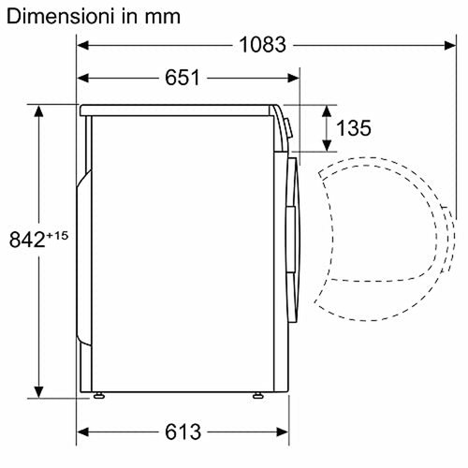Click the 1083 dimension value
click(262, 45)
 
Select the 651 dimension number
click(183, 78)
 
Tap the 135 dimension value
click(354, 128)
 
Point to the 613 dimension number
click(183, 431)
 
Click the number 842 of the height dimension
click(27, 240)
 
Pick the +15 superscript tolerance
click(57, 235)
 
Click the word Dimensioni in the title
click(59, 16)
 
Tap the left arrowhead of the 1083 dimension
click(82, 45)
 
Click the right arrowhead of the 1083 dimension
click(450, 45)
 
